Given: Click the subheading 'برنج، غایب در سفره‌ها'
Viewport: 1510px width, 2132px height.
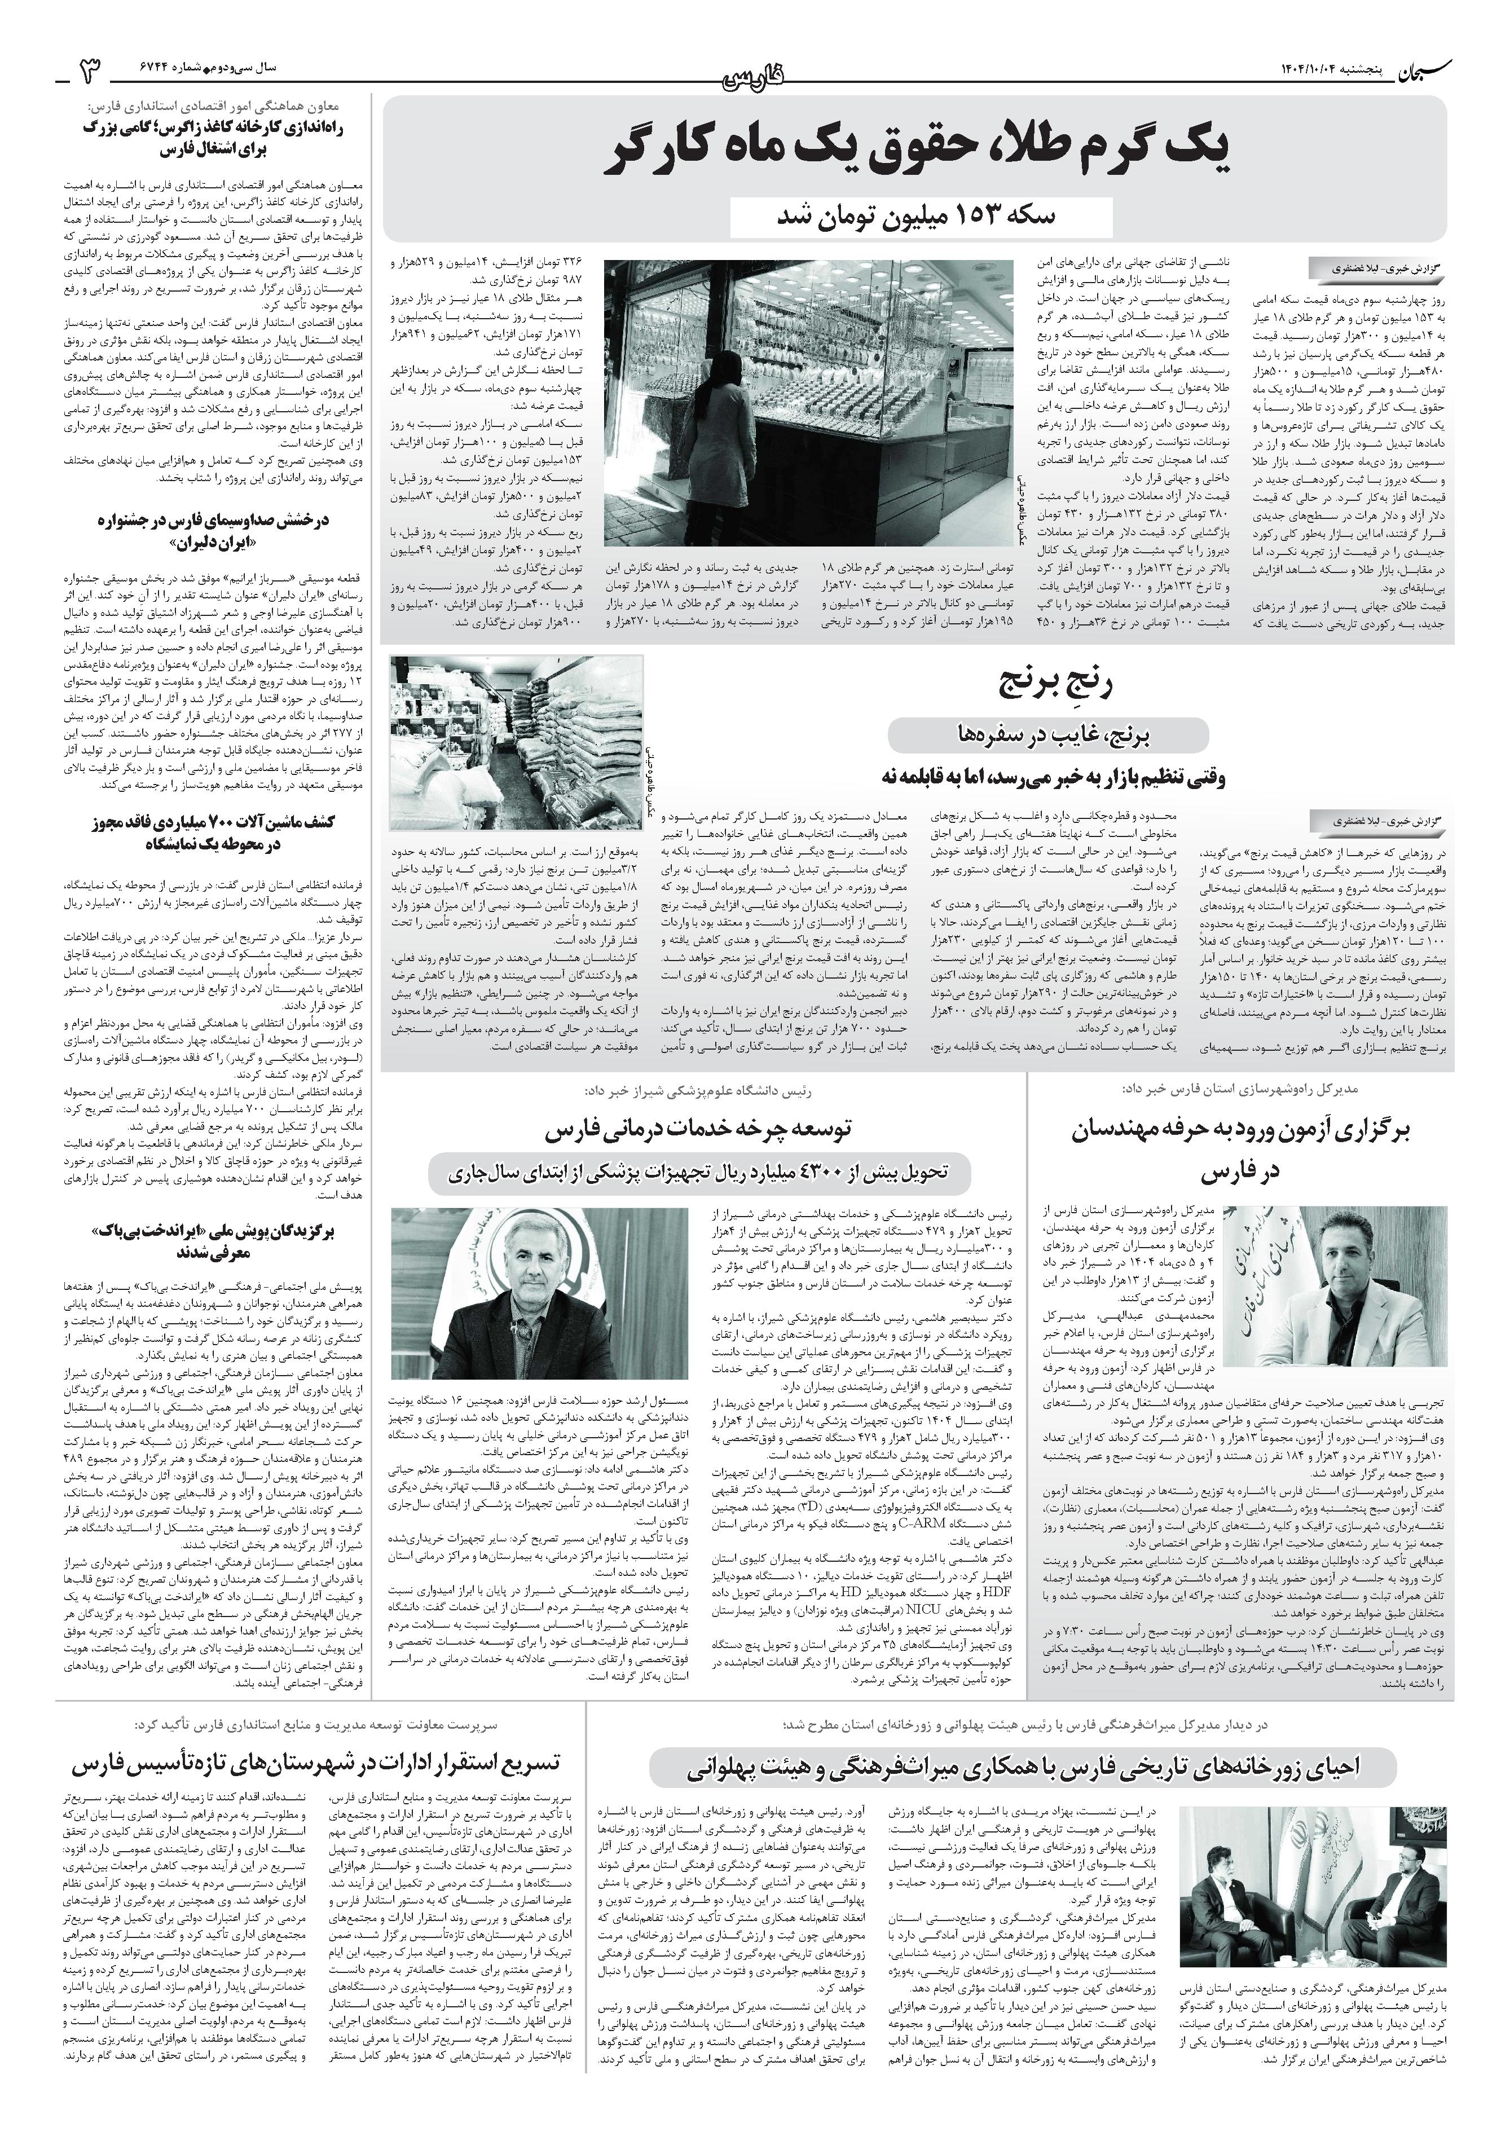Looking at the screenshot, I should (1048, 737).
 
